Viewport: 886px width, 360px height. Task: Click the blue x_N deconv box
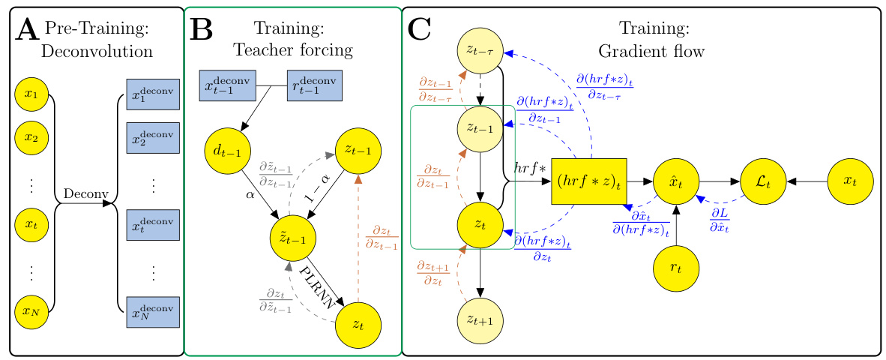(x=153, y=310)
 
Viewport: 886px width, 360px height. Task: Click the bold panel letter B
(x=203, y=30)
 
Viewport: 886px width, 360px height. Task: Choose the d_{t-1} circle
(x=227, y=151)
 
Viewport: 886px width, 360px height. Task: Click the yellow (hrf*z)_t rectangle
(x=588, y=181)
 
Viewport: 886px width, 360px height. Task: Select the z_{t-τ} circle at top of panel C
(x=480, y=52)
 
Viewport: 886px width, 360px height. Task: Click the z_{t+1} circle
(x=480, y=320)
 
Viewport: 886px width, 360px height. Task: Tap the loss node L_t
(x=763, y=181)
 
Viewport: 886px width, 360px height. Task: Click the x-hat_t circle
(x=675, y=181)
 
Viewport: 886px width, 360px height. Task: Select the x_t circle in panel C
(x=850, y=181)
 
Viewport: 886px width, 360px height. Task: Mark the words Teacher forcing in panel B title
(x=292, y=50)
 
